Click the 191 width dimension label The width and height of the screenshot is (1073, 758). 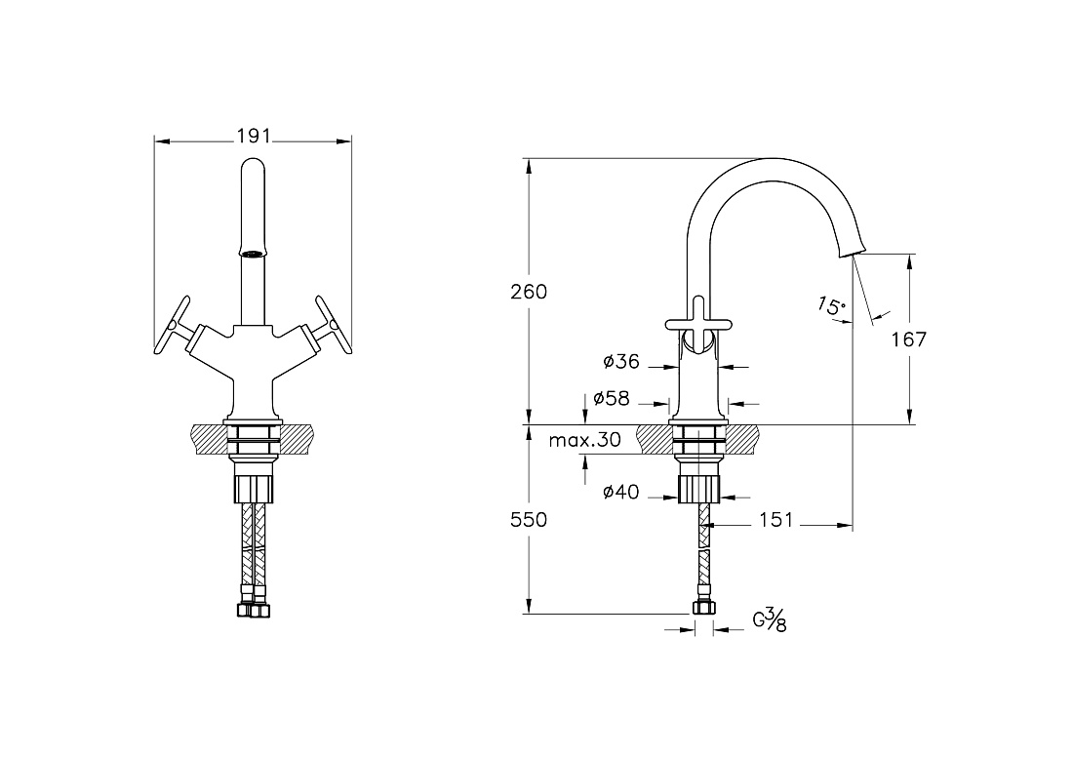254,137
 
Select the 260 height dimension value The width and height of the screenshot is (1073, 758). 529,292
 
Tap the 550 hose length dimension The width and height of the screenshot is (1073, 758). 529,520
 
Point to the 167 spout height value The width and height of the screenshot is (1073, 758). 909,339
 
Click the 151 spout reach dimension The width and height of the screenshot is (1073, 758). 776,520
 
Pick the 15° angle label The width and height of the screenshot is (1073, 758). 831,305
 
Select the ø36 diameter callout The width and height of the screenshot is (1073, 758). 621,361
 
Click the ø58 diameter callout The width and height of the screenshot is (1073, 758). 612,398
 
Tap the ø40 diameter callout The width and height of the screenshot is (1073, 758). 621,492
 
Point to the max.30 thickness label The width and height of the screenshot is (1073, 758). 585,440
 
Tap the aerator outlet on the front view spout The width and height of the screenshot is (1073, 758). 253,254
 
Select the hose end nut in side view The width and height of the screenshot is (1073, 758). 702,607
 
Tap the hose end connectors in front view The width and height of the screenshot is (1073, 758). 254,610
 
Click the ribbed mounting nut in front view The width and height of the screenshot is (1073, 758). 254,490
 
